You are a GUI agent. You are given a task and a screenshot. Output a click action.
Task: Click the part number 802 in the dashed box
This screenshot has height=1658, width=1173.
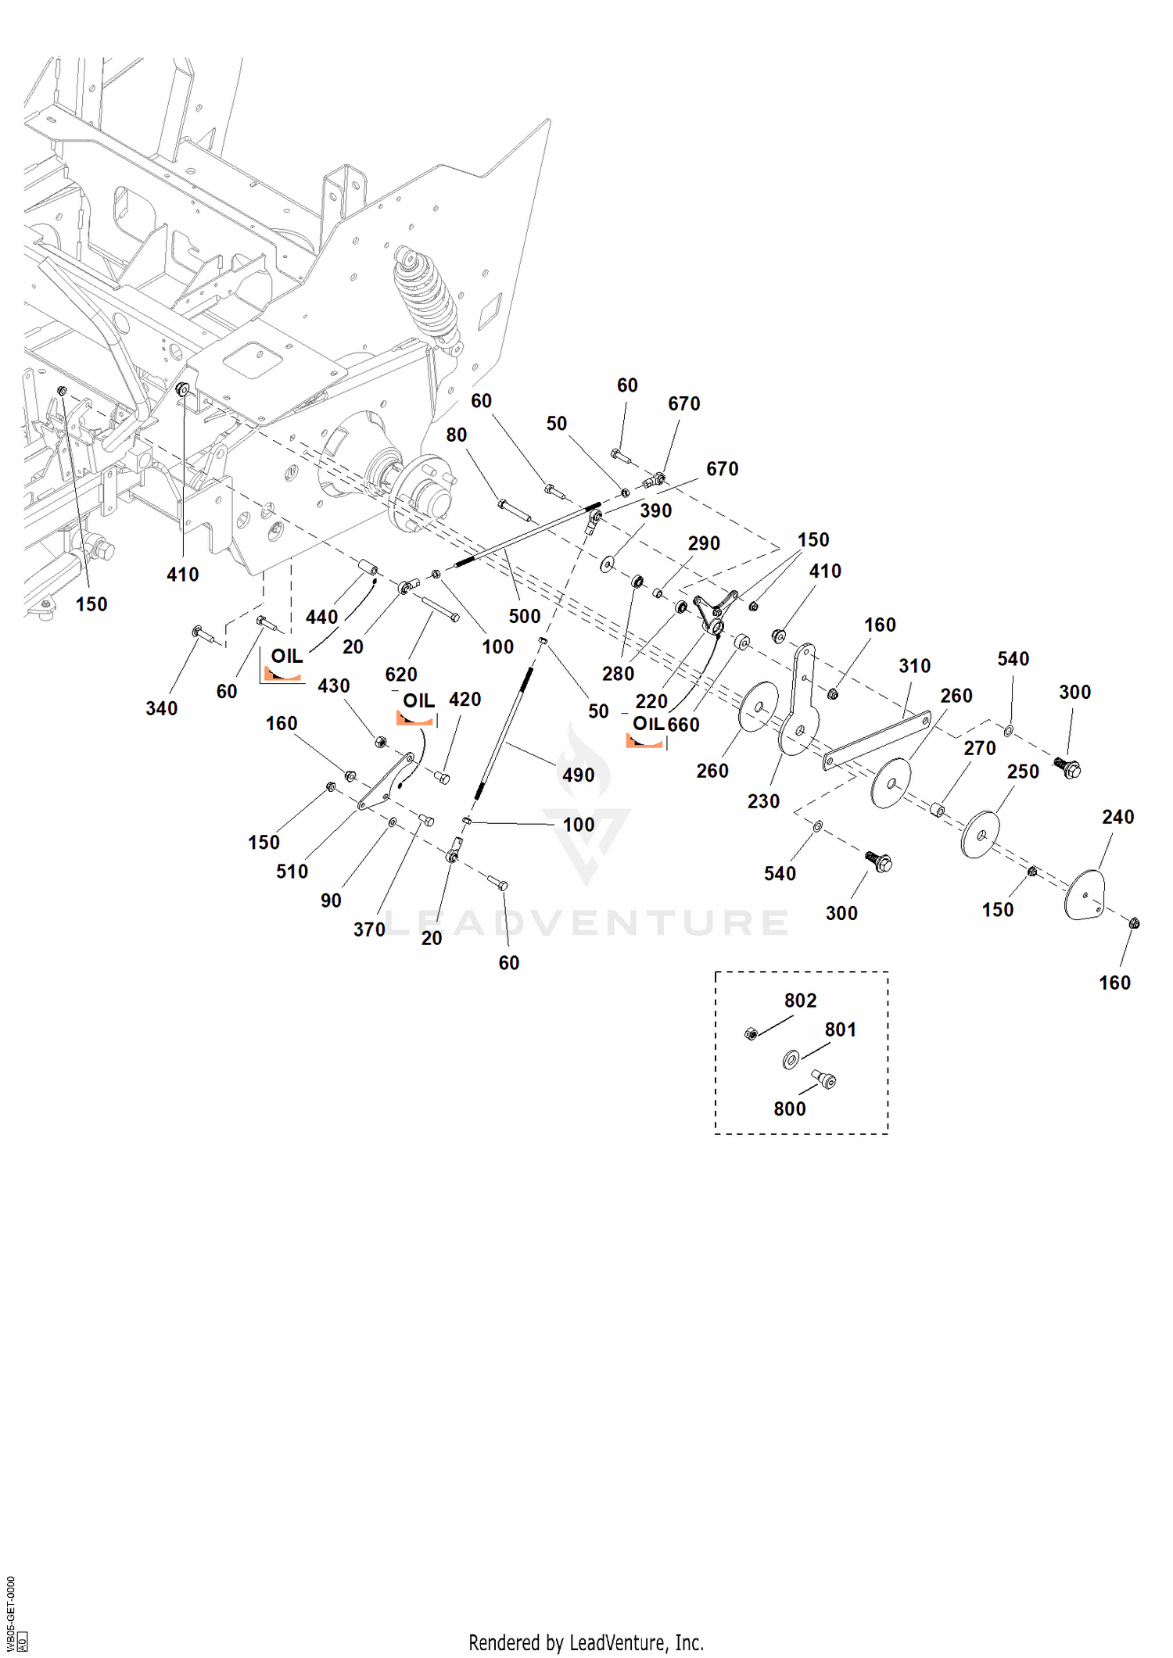[x=800, y=1001]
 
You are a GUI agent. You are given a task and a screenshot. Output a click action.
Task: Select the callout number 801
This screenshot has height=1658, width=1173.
[x=841, y=1030]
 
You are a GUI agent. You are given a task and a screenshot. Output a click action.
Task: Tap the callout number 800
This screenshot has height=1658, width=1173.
[x=790, y=1108]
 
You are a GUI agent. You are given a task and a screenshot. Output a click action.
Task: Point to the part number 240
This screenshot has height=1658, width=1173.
[x=1117, y=817]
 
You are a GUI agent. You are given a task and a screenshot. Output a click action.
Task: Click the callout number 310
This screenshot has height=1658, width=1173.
[x=914, y=666]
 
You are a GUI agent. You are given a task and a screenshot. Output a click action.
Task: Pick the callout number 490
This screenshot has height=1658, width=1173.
[x=579, y=775]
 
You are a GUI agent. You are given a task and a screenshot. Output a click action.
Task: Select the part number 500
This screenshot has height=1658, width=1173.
[x=525, y=616]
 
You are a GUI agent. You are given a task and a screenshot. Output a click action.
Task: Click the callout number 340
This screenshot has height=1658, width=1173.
[x=162, y=708]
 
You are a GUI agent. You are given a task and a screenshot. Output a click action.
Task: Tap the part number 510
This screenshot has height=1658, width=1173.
[x=292, y=872]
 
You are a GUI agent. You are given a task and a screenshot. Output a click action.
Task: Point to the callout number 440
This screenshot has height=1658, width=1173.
[x=321, y=617]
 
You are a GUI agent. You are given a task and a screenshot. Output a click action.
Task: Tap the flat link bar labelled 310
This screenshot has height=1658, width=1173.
[x=877, y=740]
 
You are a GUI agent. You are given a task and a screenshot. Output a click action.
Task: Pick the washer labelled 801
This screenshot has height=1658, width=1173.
[x=791, y=1059]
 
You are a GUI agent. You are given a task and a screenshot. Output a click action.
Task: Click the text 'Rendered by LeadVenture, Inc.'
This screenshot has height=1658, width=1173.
[x=586, y=1642]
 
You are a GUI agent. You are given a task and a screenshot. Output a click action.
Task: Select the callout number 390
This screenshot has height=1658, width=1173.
[x=655, y=511]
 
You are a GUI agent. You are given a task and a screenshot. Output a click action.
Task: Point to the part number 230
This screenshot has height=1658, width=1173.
[x=763, y=801]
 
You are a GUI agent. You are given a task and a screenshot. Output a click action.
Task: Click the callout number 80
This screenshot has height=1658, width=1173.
[x=457, y=435]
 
